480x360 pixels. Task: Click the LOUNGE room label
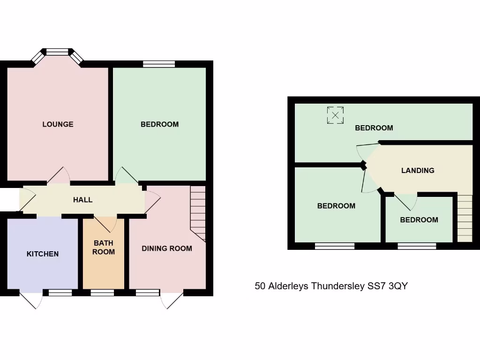coord(58,124)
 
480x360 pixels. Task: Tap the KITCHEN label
coord(43,254)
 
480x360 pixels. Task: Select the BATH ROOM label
coord(104,247)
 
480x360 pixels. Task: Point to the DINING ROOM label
coord(167,248)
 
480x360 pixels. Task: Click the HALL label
coord(82,200)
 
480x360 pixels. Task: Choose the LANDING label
coord(418,171)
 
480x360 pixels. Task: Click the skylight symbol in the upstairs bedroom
coord(335,115)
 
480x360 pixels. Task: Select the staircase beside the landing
coord(465,218)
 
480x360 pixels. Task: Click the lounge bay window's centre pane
coord(58,52)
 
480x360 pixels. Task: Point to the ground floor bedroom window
coord(159,64)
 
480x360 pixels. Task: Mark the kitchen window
coord(60,293)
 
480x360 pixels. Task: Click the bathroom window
coord(102,293)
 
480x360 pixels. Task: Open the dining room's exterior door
coord(171,300)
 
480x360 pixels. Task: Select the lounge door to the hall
coord(59,177)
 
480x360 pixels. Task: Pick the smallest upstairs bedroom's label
coord(419,220)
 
